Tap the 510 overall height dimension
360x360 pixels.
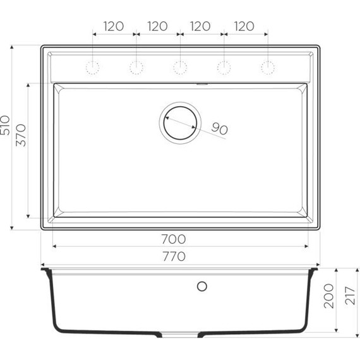(x=6, y=127)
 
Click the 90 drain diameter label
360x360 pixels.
(x=219, y=129)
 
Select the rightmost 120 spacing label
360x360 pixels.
(x=243, y=27)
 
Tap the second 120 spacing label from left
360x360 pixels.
(x=157, y=27)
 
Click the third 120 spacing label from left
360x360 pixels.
(x=200, y=27)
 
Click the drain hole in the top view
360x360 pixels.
(x=180, y=122)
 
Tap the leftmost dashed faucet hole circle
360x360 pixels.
(x=93, y=67)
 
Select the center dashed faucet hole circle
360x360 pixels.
(x=180, y=67)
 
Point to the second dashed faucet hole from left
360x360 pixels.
(x=136, y=67)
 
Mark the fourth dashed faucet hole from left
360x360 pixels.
(x=224, y=67)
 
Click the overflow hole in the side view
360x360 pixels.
(x=202, y=286)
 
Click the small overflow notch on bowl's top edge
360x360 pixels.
(x=202, y=83)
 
